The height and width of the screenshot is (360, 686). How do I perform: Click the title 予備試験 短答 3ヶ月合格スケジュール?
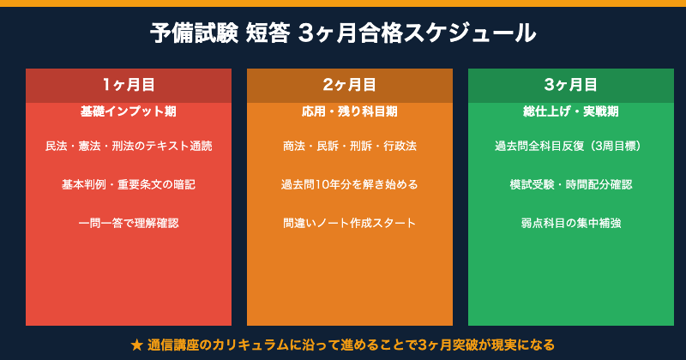pyautogui.click(x=343, y=33)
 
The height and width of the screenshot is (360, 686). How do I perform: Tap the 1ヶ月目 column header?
pyautogui.click(x=129, y=85)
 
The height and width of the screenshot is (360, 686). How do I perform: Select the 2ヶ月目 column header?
pyautogui.click(x=350, y=85)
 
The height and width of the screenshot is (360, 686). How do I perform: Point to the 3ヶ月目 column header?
pyautogui.click(x=571, y=85)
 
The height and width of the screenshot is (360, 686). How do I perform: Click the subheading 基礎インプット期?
pyautogui.click(x=129, y=111)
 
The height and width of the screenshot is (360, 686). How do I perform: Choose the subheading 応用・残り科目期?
pyautogui.click(x=350, y=111)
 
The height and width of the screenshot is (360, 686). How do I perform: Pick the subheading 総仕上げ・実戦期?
pyautogui.click(x=571, y=111)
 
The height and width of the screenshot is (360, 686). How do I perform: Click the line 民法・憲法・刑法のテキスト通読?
pyautogui.click(x=129, y=146)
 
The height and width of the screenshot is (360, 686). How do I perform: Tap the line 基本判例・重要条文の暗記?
pyautogui.click(x=129, y=184)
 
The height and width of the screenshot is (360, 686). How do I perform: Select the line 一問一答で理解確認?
pyautogui.click(x=129, y=223)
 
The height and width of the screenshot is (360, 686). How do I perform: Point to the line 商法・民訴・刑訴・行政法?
pyautogui.click(x=350, y=146)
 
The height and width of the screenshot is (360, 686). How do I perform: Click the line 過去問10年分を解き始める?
pyautogui.click(x=350, y=184)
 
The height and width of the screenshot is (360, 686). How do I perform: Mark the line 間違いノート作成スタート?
pyautogui.click(x=350, y=223)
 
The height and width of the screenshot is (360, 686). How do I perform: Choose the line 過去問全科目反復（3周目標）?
pyautogui.click(x=571, y=146)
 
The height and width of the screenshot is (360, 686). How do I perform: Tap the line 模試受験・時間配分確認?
pyautogui.click(x=571, y=184)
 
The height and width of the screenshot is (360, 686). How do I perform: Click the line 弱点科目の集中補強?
pyautogui.click(x=571, y=223)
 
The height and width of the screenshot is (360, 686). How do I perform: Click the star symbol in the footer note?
pyautogui.click(x=137, y=345)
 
